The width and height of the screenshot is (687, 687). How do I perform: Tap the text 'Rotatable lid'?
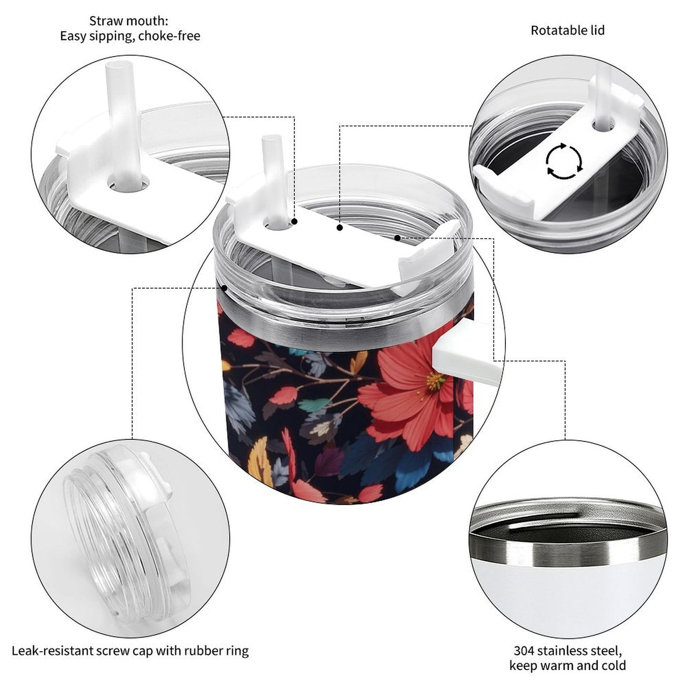coord(567,30)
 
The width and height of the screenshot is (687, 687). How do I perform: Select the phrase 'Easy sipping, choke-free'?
coord(130,36)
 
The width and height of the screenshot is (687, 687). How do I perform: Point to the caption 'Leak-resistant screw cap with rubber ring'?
coord(130,650)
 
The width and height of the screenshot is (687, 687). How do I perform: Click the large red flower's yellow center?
coord(435,381)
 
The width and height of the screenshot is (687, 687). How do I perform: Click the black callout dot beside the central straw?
coord(294,222)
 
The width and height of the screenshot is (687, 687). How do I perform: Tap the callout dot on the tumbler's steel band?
coord(224,287)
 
